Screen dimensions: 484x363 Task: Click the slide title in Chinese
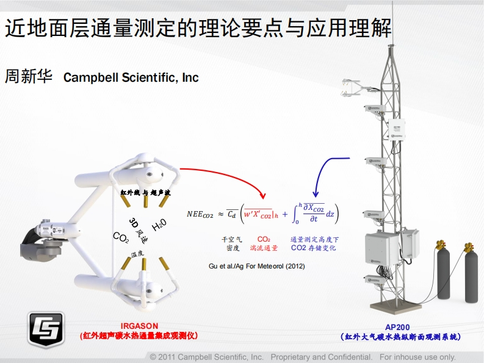click(198, 27)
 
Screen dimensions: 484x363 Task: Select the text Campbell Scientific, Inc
click(131, 78)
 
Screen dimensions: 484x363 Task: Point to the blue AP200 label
click(399, 327)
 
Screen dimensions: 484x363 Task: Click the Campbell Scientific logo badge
click(46, 329)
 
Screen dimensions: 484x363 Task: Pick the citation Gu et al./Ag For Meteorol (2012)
click(256, 267)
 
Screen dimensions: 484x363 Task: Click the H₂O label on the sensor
click(159, 224)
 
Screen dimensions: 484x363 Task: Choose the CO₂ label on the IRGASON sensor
click(121, 237)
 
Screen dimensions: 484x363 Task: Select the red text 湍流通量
click(264, 248)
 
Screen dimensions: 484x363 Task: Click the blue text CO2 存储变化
click(313, 248)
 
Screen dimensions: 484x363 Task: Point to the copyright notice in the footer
click(303, 356)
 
